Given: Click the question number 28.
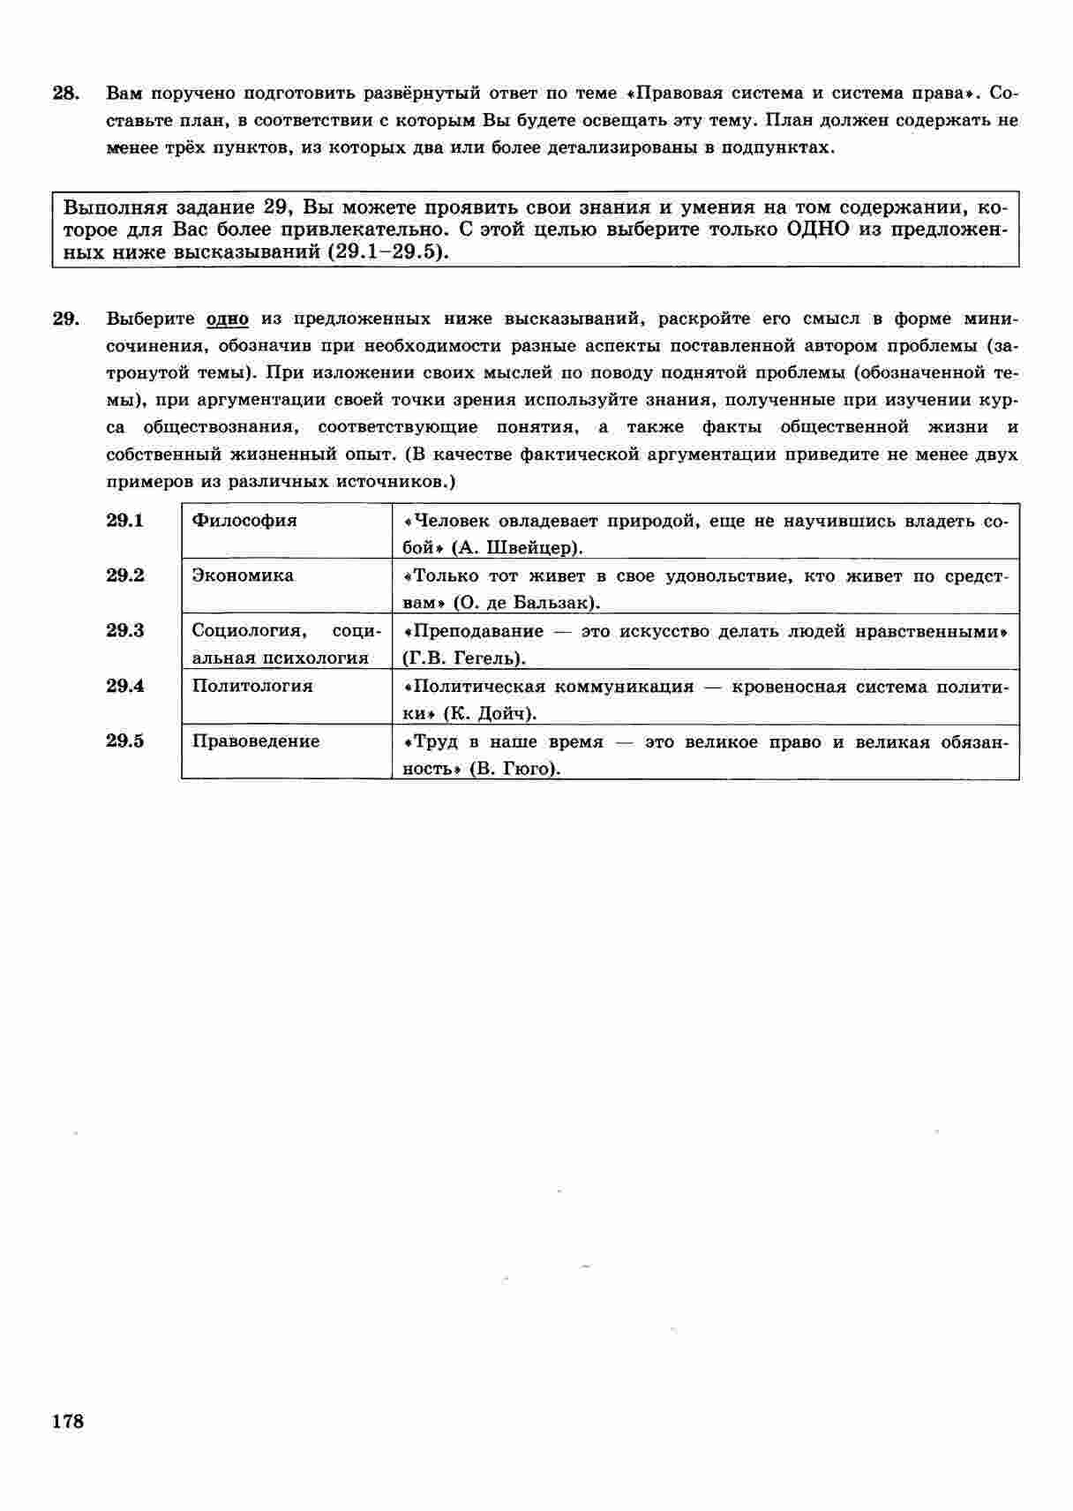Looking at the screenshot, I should [66, 93].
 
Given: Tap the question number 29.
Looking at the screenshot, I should [66, 319].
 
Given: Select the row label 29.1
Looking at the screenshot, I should [125, 520].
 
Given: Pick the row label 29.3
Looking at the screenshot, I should [125, 630].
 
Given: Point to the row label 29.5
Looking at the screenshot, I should [125, 740].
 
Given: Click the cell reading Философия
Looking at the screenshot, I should [244, 520].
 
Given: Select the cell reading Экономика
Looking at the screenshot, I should [243, 575].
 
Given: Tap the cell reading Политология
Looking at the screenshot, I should [252, 686].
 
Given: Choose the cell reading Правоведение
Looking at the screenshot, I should [256, 741].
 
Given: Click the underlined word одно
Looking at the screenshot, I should [227, 319].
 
